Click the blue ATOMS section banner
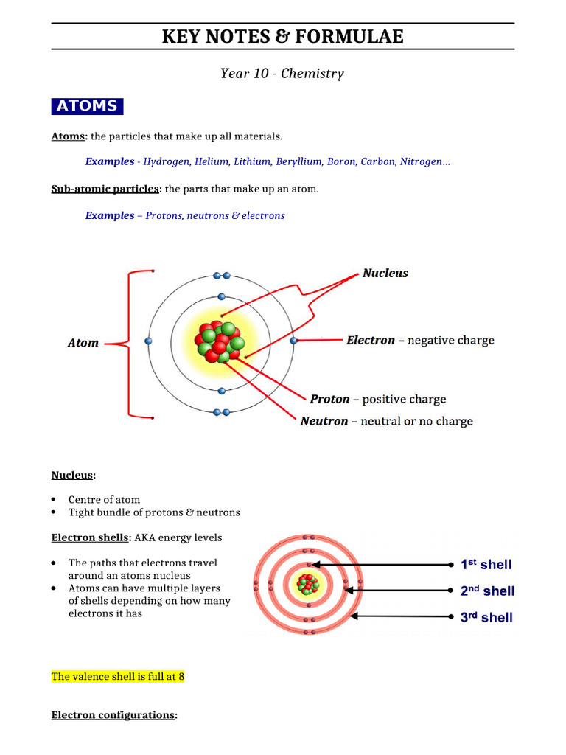coord(87,106)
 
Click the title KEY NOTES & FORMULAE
coord(283,36)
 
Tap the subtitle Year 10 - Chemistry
coord(282,74)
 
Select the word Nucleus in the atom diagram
coord(385,274)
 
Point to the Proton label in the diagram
coord(329,400)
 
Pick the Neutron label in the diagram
coord(324,422)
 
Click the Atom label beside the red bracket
coord(83,343)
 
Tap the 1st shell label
coord(486,565)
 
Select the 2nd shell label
coord(487,591)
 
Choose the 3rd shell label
coord(486,618)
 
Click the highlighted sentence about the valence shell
coord(117,676)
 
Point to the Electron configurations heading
coord(113,715)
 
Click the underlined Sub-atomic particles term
coord(105,189)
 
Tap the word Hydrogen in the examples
coord(166,161)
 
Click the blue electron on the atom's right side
coord(293,341)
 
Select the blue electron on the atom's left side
coord(149,341)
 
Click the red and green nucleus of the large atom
coord(220,341)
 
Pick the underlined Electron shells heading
coord(91,537)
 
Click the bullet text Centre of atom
coord(104,500)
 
